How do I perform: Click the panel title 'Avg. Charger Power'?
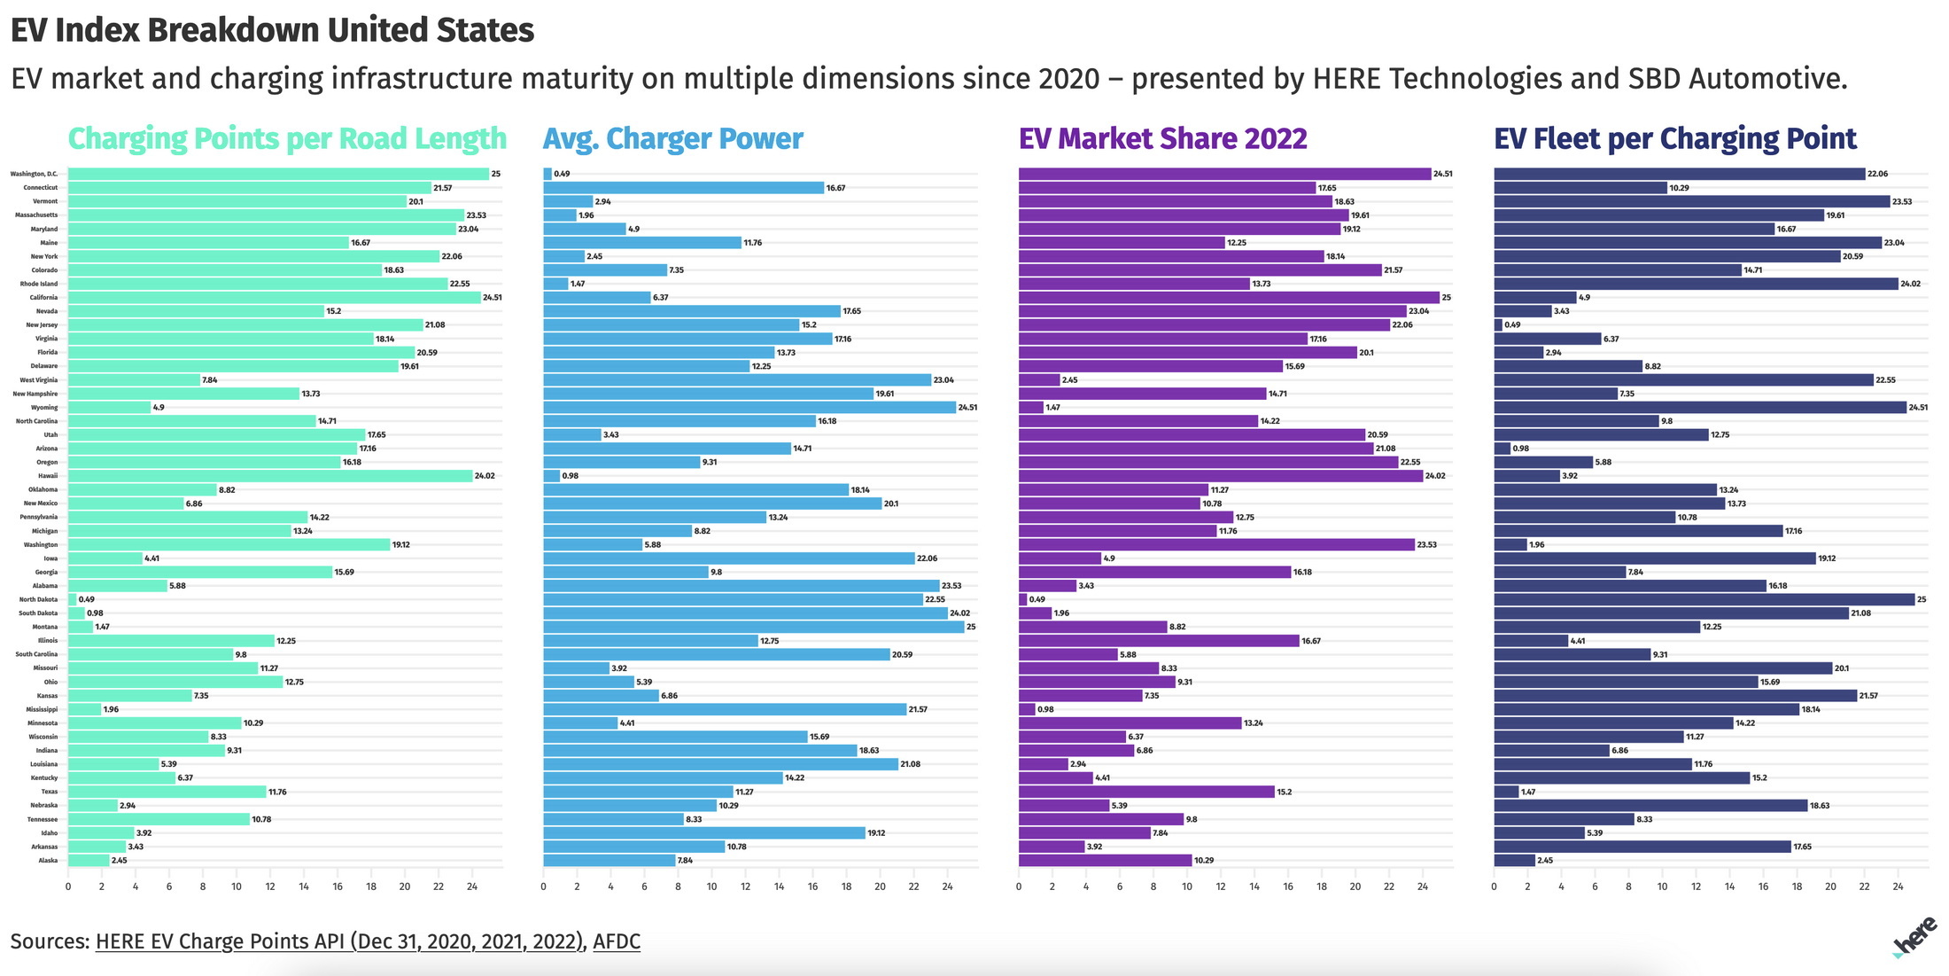pyautogui.click(x=672, y=139)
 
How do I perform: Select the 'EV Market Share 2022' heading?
pyautogui.click(x=1162, y=139)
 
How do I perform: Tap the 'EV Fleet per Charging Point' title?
pyautogui.click(x=1674, y=139)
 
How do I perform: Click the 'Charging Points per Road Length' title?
pyautogui.click(x=287, y=139)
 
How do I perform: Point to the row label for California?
pyautogui.click(x=43, y=298)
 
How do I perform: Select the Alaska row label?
pyautogui.click(x=48, y=861)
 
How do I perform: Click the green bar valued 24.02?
pyautogui.click(x=270, y=476)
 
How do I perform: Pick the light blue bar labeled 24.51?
pyautogui.click(x=749, y=408)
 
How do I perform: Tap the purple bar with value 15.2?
pyautogui.click(x=1146, y=792)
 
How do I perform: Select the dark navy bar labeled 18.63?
pyautogui.click(x=1650, y=806)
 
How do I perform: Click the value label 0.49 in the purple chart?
pyautogui.click(x=1037, y=600)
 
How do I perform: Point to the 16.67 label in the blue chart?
pyautogui.click(x=835, y=188)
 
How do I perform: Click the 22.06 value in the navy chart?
pyautogui.click(x=1877, y=175)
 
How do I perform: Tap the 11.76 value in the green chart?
pyautogui.click(x=277, y=792)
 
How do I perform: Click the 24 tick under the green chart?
pyautogui.click(x=472, y=886)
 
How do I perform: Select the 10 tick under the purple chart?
pyautogui.click(x=1187, y=886)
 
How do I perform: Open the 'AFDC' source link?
pyautogui.click(x=616, y=941)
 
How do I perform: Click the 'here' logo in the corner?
pyautogui.click(x=1915, y=938)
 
